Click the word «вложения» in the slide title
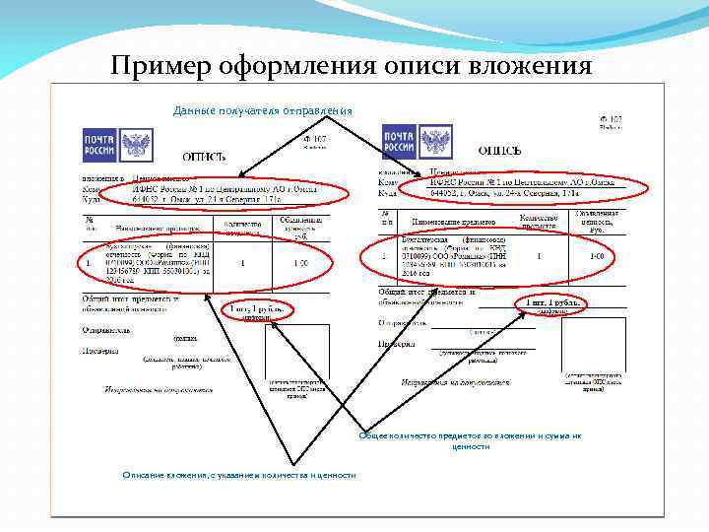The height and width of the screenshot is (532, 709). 529,65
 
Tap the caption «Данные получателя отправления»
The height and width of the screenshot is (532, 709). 262,109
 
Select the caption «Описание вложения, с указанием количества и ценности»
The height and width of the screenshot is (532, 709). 239,476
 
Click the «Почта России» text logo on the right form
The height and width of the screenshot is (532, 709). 399,141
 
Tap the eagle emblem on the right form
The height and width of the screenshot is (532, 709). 436,141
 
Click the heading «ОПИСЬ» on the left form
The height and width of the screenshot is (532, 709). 205,157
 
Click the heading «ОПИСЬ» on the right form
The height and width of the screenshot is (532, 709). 500,151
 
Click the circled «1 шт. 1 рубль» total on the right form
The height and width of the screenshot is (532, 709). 551,303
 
